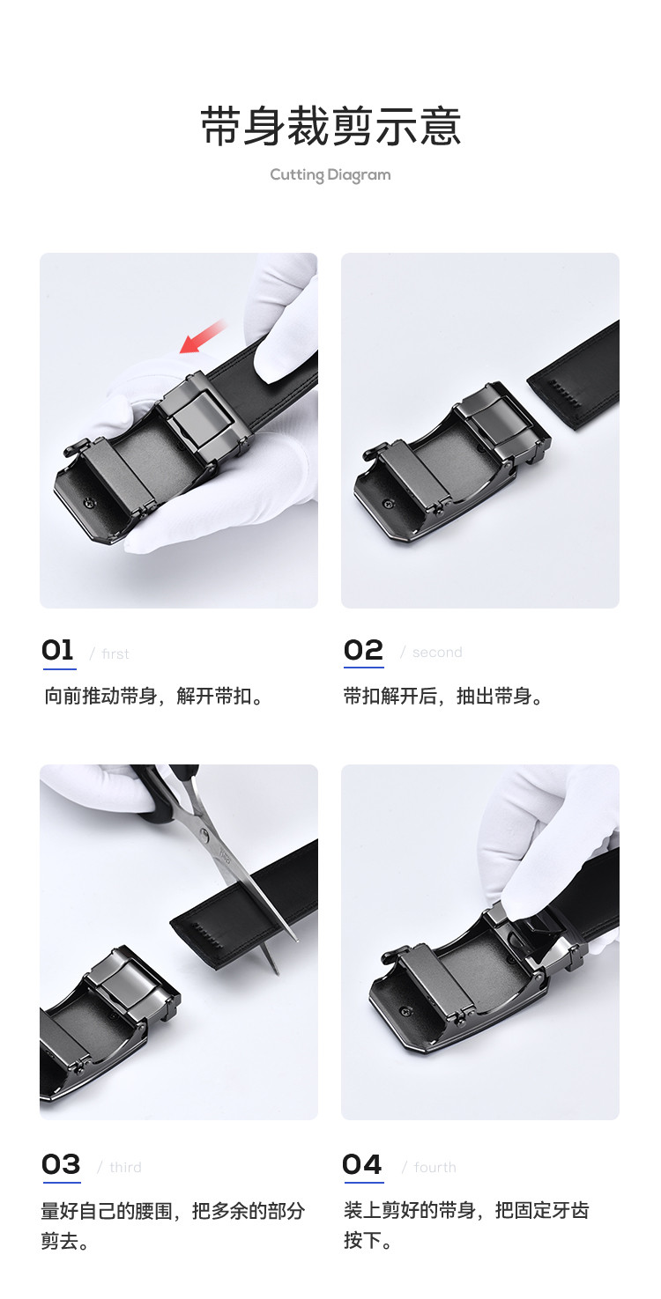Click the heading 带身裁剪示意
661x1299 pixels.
click(x=330, y=126)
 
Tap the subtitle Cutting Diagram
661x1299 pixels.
click(x=330, y=175)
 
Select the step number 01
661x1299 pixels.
click(x=58, y=650)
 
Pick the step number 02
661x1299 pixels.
click(x=363, y=650)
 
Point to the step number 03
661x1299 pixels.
click(x=61, y=1164)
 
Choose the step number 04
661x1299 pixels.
click(x=362, y=1164)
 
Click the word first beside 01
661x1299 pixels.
click(x=115, y=654)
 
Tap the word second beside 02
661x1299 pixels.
click(x=437, y=653)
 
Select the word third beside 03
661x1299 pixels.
click(x=125, y=1168)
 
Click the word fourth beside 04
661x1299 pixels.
click(x=434, y=1168)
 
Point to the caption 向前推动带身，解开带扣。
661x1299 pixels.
click(x=153, y=696)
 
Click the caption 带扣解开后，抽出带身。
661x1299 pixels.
click(x=444, y=696)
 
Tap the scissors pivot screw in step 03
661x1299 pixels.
click(x=204, y=836)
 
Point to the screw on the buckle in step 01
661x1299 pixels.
click(x=89, y=502)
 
